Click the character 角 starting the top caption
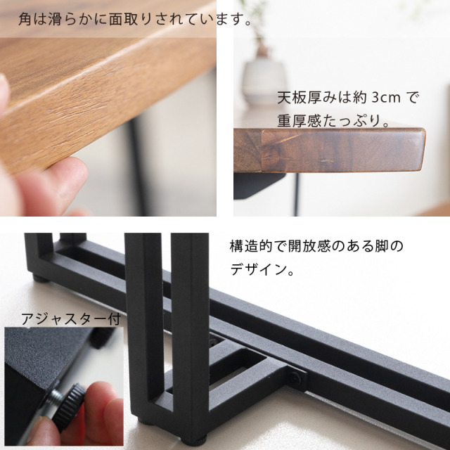pyautogui.click(x=25, y=20)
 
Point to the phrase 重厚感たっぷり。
pyautogui.click(x=336, y=120)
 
